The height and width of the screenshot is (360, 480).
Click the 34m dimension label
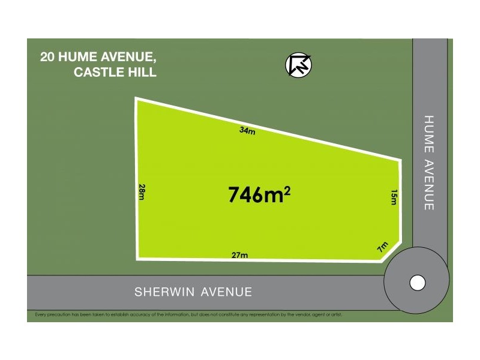247,131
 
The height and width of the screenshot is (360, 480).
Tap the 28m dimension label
142,192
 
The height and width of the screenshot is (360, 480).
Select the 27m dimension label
239,255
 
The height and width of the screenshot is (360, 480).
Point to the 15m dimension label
394,197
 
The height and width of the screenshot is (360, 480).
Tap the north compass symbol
298,65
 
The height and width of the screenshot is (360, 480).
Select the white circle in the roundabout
417,282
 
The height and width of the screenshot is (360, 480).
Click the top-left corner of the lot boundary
137,100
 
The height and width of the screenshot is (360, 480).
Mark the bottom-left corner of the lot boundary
139,258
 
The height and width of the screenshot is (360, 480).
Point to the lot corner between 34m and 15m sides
400,160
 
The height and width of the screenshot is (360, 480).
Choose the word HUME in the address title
80,58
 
